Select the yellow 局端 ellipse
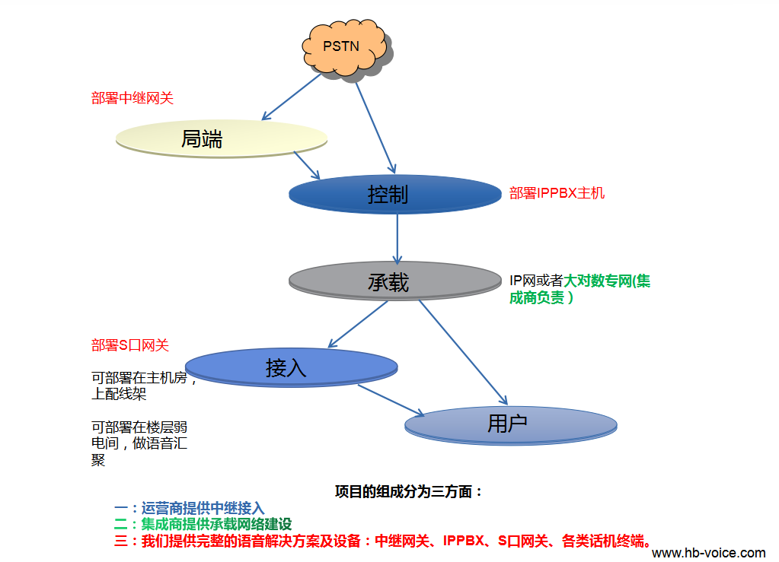click(221, 138)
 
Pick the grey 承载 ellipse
click(393, 282)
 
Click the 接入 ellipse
click(292, 367)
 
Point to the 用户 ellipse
click(510, 424)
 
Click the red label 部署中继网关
click(132, 98)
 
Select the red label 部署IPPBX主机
click(557, 193)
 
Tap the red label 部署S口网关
click(130, 345)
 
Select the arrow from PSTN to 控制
click(375, 125)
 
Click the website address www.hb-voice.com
click(709, 553)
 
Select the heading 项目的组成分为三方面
click(409, 491)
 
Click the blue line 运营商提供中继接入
click(190, 508)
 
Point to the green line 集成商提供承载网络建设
click(203, 524)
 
